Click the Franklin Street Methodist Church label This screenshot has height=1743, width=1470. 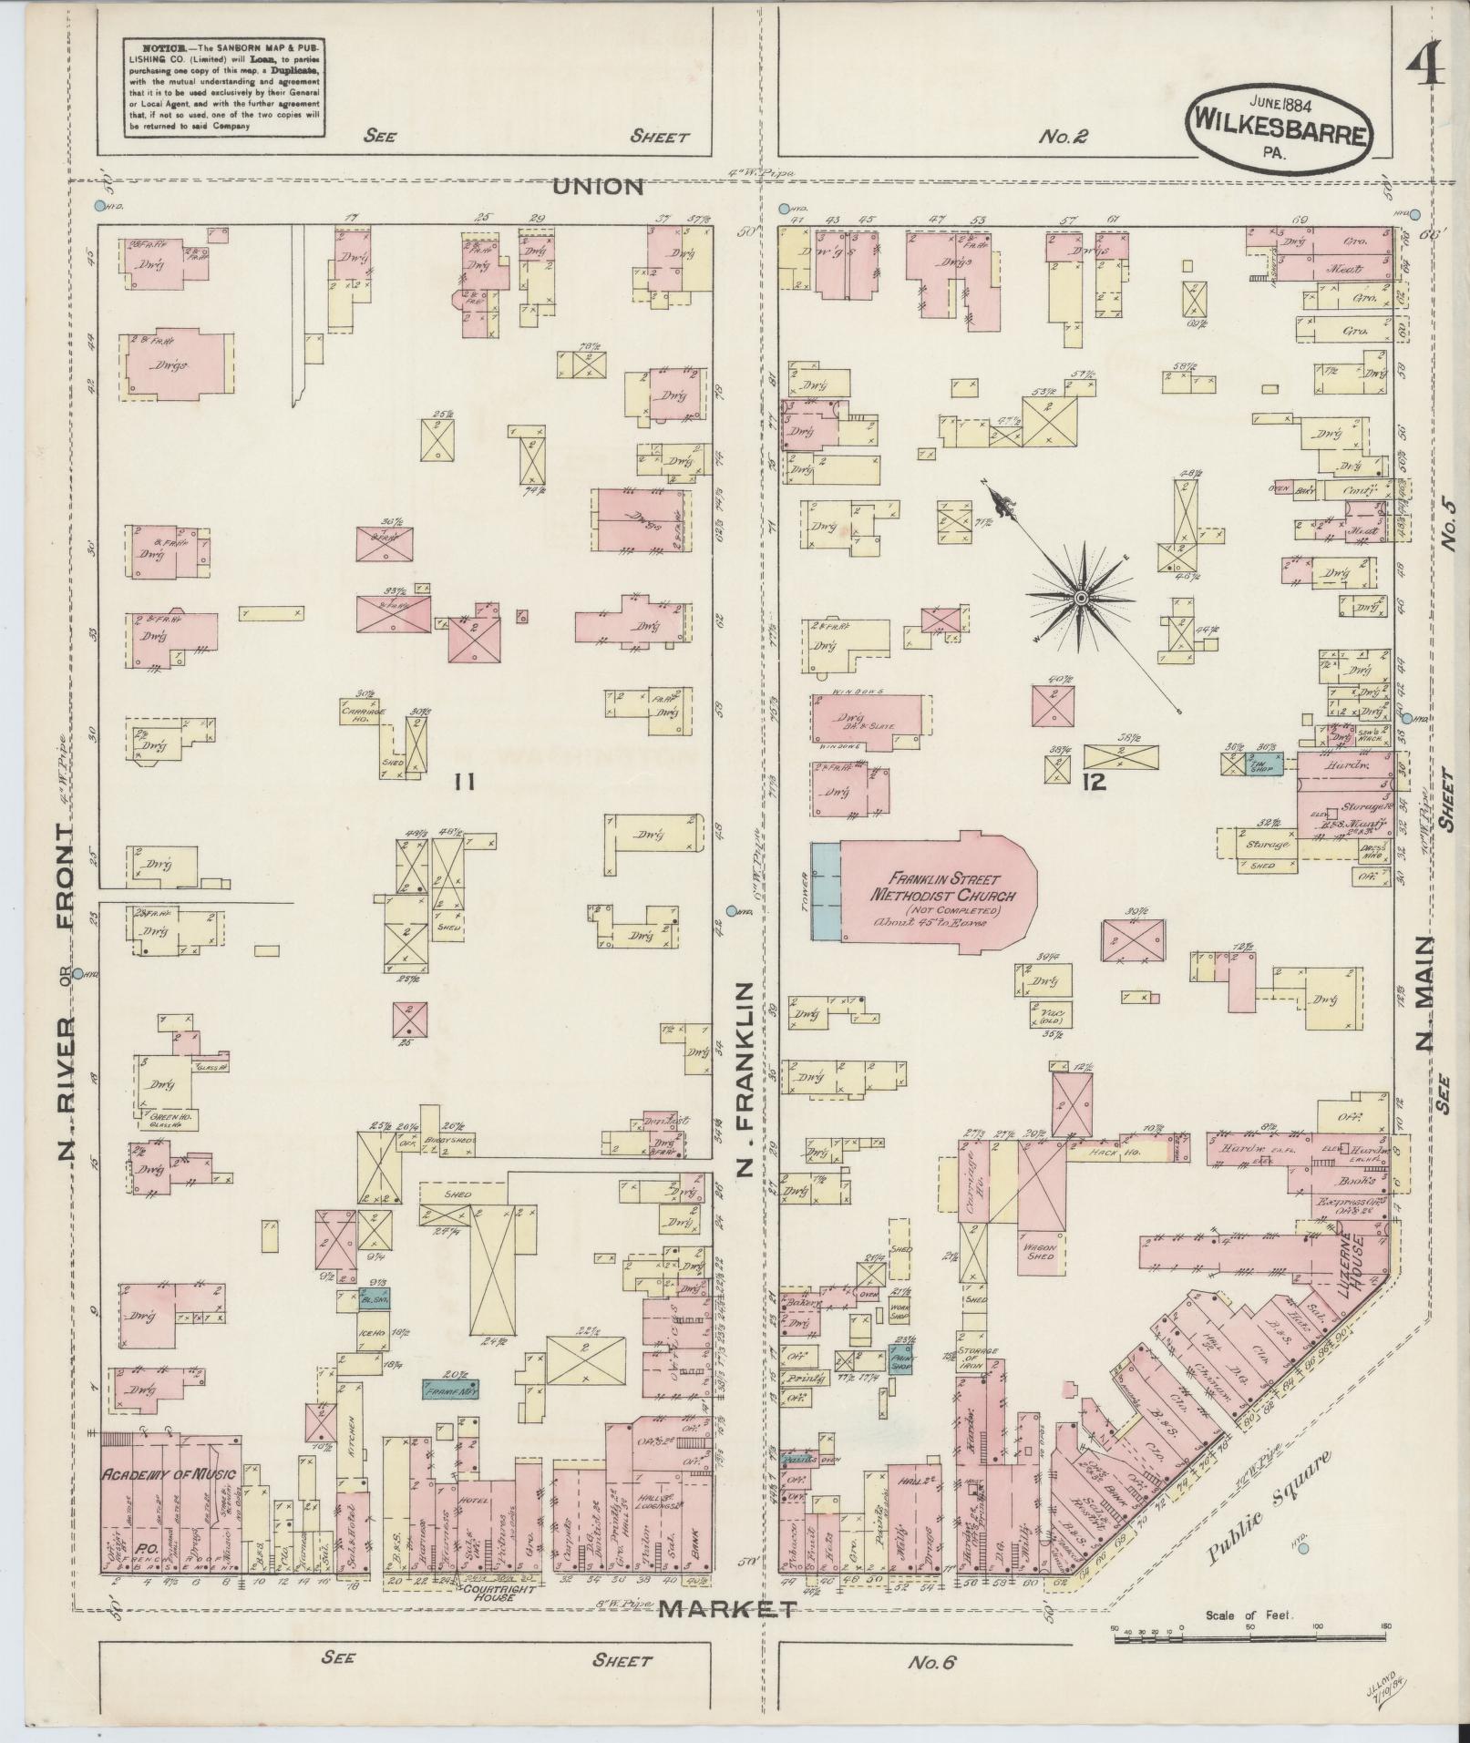click(x=933, y=887)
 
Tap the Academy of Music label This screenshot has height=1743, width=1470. click(x=168, y=1474)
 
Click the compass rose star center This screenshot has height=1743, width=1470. click(x=1080, y=598)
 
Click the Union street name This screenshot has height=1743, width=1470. click(x=598, y=187)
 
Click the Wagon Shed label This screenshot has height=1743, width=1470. click(x=1038, y=1251)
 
